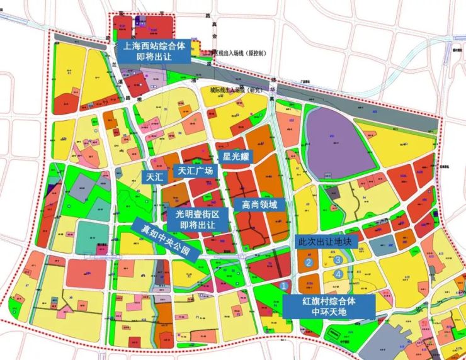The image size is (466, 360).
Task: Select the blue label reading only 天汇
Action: (154, 177)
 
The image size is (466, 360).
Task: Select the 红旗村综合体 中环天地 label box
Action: (329, 307)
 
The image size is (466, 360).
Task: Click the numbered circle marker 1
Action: (284, 285)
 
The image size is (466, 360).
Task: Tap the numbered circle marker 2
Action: (309, 262)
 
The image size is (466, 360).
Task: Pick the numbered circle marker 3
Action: (338, 259)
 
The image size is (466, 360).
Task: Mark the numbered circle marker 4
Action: (338, 274)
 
